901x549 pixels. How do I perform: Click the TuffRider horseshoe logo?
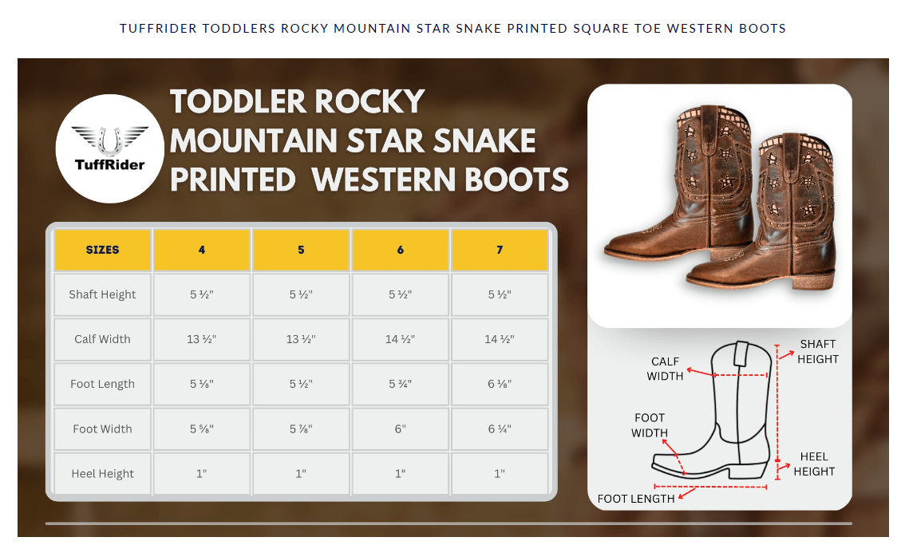(x=110, y=148)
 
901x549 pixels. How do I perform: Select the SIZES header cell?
(x=102, y=250)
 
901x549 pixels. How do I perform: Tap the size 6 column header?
(x=400, y=250)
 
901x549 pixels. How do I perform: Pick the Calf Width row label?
(x=102, y=339)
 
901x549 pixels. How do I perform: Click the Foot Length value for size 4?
(x=202, y=384)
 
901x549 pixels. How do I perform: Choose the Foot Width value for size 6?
(x=400, y=429)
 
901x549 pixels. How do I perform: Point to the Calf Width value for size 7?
(x=500, y=339)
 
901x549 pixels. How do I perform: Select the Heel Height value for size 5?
(x=301, y=474)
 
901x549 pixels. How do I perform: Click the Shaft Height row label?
(x=102, y=294)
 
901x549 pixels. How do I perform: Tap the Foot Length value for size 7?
(x=500, y=384)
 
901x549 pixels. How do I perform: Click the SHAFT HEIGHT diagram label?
(x=818, y=351)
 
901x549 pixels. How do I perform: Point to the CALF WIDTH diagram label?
(x=665, y=369)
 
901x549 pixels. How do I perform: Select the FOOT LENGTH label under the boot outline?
(x=636, y=499)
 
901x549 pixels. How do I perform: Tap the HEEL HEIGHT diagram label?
(x=814, y=464)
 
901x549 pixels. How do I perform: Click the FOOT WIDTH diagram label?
(x=650, y=425)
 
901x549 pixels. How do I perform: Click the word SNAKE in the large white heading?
(x=484, y=140)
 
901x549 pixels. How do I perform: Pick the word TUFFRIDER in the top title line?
(x=159, y=28)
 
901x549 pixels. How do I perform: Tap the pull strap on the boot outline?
(x=741, y=353)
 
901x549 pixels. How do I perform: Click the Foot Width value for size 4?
(x=202, y=429)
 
